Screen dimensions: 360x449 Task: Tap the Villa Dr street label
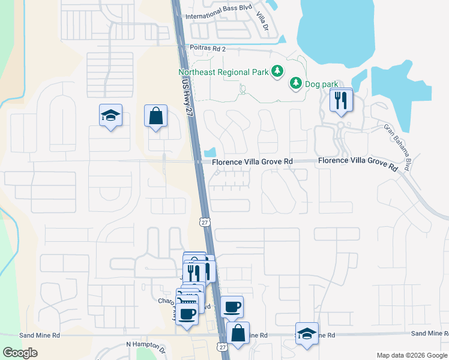[262, 22]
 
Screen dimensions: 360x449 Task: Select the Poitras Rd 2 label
[208, 49]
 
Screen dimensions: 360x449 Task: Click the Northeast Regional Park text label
[222, 72]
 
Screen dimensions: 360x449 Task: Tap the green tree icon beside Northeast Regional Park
[277, 72]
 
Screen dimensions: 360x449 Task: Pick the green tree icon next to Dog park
[295, 83]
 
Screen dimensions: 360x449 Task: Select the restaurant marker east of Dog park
[342, 101]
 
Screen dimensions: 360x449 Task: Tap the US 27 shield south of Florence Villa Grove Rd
[204, 223]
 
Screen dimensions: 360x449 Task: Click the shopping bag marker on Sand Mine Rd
[238, 334]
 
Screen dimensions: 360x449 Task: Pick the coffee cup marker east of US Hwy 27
[232, 307]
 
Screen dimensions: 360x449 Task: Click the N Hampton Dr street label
[146, 345]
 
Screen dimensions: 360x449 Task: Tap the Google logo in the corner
[20, 353]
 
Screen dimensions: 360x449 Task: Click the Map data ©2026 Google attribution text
[411, 355]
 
